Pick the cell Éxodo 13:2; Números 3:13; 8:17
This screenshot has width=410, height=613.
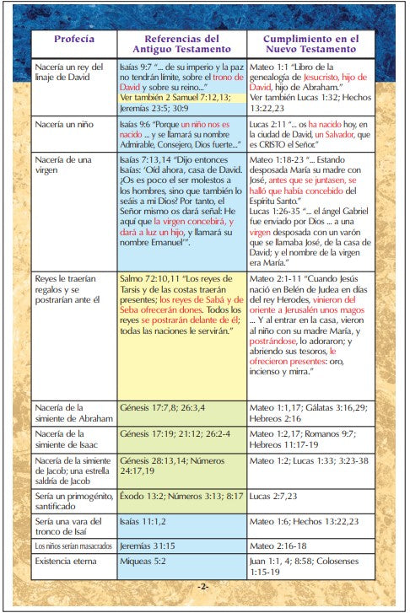[x=181, y=498]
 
